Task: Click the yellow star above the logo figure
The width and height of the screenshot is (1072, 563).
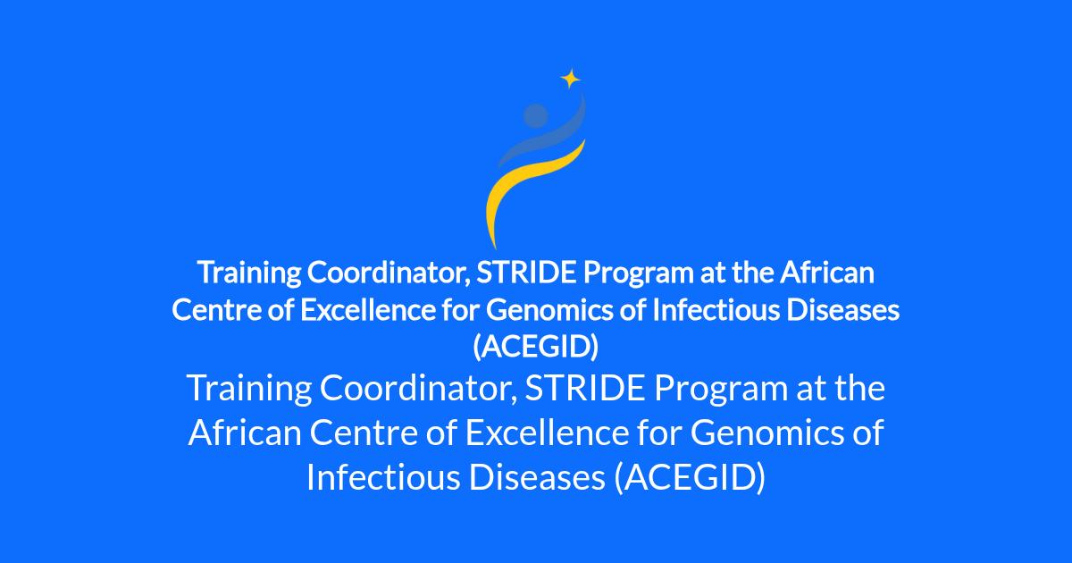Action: click(571, 79)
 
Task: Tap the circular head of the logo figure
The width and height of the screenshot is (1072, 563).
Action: click(535, 115)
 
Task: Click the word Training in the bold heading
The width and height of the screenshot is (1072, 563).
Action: click(249, 273)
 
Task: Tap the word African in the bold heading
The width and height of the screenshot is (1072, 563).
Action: click(827, 273)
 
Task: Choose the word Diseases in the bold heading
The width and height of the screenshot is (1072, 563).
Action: click(842, 310)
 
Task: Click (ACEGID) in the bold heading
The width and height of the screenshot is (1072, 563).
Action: click(535, 347)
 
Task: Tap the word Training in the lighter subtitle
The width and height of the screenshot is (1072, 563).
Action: click(249, 389)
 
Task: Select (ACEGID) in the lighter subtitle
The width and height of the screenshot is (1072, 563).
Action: click(690, 478)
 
